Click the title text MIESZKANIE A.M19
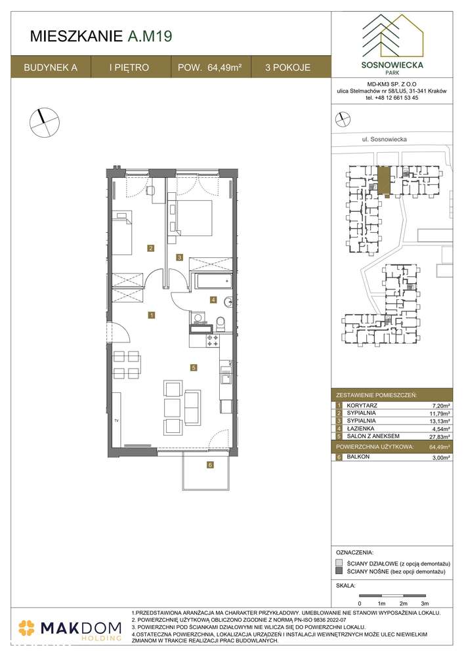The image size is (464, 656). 102,37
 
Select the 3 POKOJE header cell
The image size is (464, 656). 287,67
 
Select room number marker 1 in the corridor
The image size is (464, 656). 152,315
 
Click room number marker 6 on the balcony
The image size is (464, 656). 210,465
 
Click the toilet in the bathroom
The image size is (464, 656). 221,323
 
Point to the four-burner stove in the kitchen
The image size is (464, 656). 213,340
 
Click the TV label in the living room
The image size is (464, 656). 116,420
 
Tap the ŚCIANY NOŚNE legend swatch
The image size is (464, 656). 339,572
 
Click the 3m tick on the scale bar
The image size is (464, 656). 425,602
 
